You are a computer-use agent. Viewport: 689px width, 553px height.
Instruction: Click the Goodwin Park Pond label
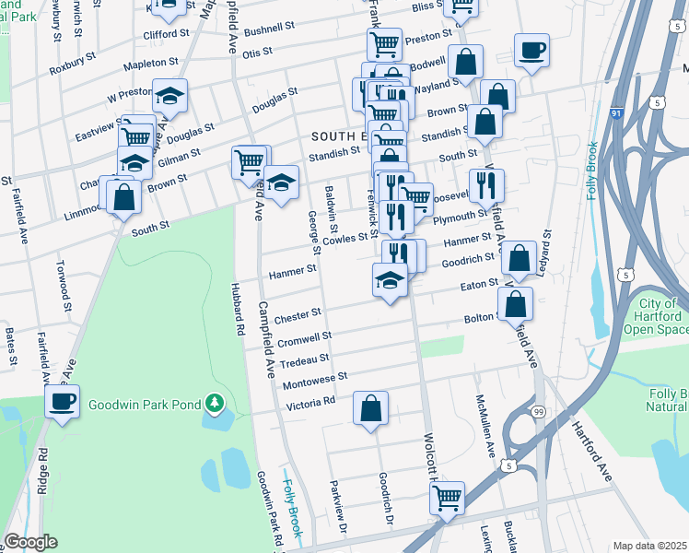click(146, 404)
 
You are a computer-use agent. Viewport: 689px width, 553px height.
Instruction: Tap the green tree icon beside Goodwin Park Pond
click(215, 403)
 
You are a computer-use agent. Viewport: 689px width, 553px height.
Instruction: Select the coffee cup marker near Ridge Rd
click(63, 403)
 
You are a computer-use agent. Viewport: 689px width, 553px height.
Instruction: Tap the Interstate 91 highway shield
click(615, 112)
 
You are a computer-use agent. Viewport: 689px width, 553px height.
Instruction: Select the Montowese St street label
click(316, 377)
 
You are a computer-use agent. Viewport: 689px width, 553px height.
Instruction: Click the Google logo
click(30, 542)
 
